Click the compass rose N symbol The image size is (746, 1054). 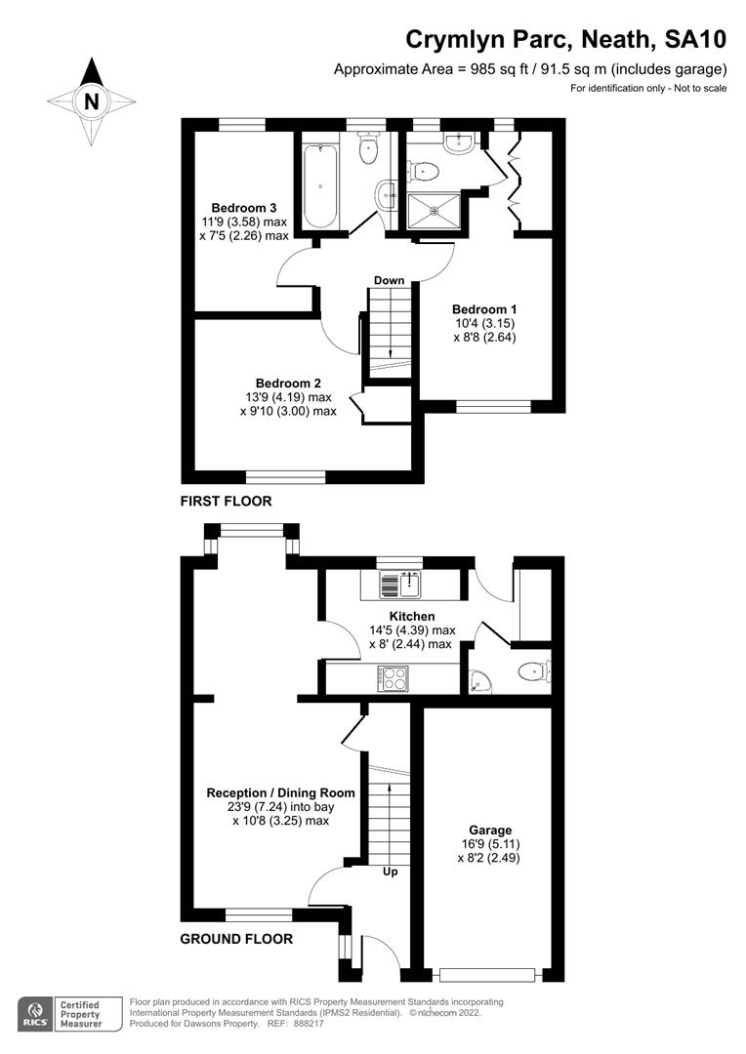(x=91, y=101)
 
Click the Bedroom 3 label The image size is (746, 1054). (x=244, y=208)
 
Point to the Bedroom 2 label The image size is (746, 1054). (x=288, y=384)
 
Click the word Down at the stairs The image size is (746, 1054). (x=389, y=281)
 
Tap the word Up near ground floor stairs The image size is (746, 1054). (x=390, y=872)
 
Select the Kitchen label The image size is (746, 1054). (x=412, y=617)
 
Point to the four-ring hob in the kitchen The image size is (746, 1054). (x=393, y=678)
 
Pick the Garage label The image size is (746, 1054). (x=489, y=831)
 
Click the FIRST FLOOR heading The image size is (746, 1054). (x=226, y=501)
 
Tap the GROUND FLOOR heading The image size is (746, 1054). (x=236, y=940)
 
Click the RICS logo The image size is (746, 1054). (x=35, y=1011)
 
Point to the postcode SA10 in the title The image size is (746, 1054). (x=695, y=40)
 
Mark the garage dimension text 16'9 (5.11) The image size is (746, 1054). (x=489, y=844)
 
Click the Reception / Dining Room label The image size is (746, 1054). (x=281, y=793)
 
